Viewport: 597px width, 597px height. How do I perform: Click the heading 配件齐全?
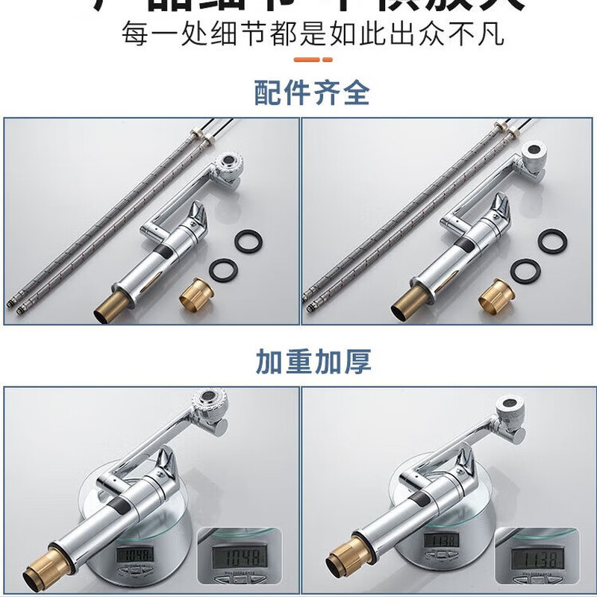tap(312, 93)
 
